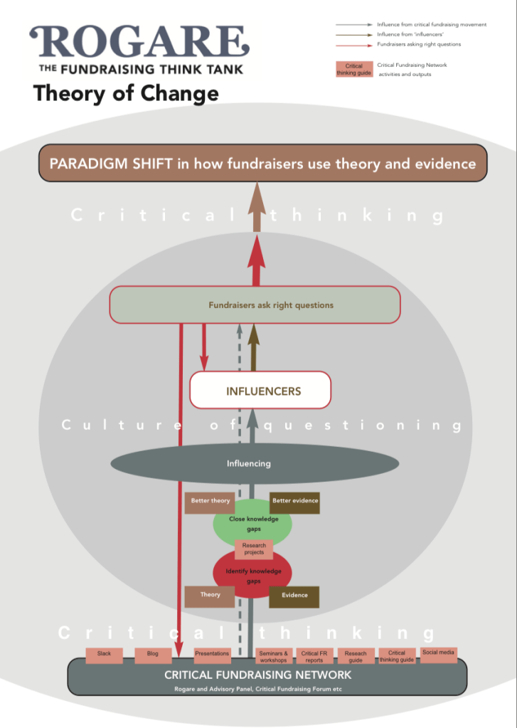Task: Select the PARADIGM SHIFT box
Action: coord(262,164)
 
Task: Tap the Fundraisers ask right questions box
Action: coord(270,305)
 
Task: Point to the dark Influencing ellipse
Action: coord(248,464)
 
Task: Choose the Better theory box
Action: coord(210,502)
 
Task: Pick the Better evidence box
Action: coord(294,502)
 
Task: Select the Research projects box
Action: coord(253,549)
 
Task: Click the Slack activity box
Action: coord(104,655)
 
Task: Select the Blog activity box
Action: coord(152,655)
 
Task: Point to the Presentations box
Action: coord(212,655)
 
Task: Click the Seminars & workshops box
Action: coord(273,656)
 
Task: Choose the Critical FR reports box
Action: coord(314,656)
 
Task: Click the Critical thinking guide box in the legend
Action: coord(354,69)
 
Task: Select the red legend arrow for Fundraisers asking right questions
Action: coord(353,44)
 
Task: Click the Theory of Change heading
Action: coord(126,93)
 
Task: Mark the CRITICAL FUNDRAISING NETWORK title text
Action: coord(257,675)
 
